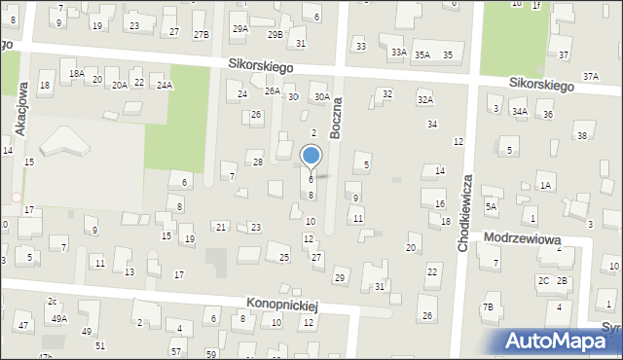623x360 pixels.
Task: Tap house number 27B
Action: (x=201, y=34)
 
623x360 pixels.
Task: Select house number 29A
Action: (x=239, y=29)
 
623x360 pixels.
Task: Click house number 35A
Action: (x=421, y=55)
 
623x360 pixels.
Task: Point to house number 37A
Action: (x=591, y=76)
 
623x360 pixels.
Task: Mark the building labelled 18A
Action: (x=77, y=73)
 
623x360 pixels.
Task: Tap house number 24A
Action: (x=165, y=86)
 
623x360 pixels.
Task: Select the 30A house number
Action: (x=322, y=96)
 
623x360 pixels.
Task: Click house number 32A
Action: (x=424, y=99)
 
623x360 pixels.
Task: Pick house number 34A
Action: (x=520, y=112)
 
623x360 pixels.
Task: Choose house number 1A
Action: (x=545, y=185)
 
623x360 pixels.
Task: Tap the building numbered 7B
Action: (x=488, y=306)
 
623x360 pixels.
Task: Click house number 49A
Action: (x=59, y=318)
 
